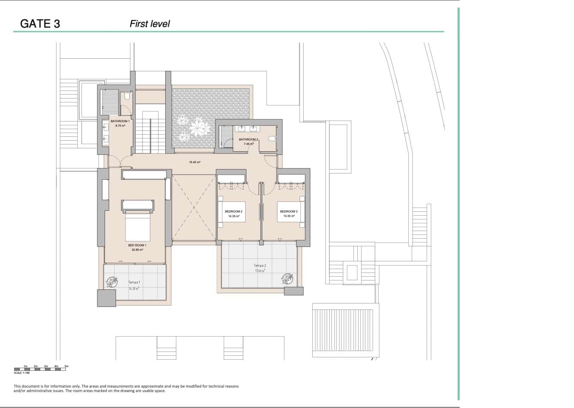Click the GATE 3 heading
[40, 24]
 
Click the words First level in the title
[150, 24]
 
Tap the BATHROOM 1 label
[120, 121]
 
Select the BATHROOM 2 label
[248, 139]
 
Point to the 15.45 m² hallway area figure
[195, 162]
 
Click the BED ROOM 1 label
[137, 245]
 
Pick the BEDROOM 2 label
[234, 211]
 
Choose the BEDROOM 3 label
[288, 211]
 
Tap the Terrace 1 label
[134, 282]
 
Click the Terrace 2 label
[260, 266]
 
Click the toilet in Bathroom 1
[127, 96]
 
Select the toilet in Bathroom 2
[272, 139]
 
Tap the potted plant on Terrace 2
[287, 278]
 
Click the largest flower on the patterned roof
[198, 127]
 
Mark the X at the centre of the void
[194, 208]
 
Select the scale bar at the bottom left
[40, 369]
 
